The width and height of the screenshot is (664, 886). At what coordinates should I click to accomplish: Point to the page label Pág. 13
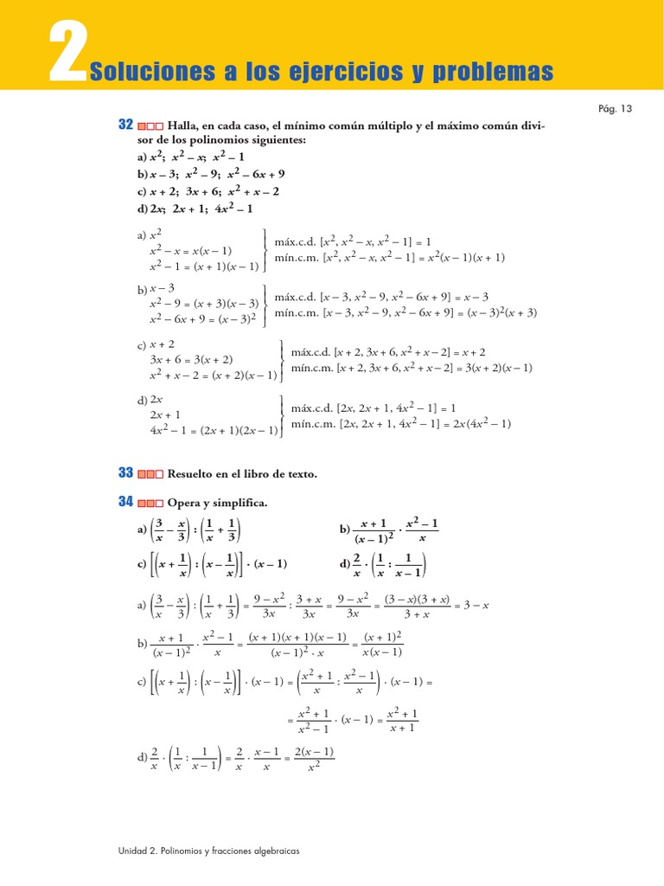616,109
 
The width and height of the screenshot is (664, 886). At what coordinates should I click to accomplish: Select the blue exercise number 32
125,125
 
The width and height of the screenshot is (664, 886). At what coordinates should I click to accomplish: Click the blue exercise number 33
125,473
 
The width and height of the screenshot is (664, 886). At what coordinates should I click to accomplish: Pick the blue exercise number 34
125,502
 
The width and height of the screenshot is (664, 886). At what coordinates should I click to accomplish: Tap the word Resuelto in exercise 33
191,474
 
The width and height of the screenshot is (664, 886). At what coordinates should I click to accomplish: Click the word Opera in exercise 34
183,503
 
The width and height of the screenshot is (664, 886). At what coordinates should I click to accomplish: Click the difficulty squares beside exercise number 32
151,126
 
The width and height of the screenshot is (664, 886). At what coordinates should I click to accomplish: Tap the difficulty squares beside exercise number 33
151,474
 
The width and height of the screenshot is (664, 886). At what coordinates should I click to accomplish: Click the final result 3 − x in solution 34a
474,606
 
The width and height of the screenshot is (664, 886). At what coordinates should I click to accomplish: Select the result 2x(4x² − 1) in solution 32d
482,423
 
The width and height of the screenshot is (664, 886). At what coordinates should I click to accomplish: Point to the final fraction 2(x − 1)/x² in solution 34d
315,758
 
